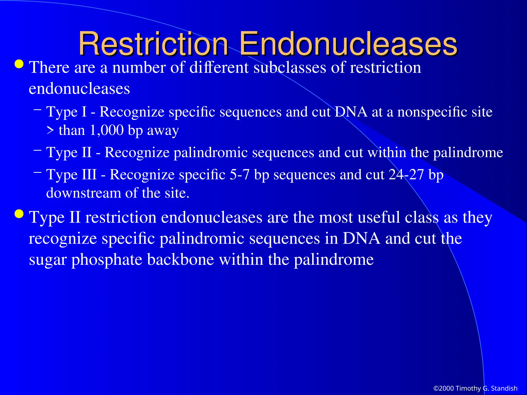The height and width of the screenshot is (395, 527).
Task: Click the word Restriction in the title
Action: pos(153,44)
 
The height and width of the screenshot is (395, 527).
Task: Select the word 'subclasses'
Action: pos(290,67)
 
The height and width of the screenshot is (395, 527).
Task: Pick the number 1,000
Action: pos(107,130)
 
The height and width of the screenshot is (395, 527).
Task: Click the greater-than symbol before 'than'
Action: pos(50,130)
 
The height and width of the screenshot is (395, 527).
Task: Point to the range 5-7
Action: pos(239,175)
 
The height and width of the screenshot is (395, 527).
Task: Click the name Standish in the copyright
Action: pos(504,388)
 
